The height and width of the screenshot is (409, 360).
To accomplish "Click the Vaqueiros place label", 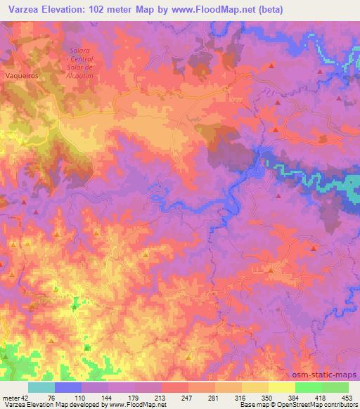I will coord(20,73).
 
